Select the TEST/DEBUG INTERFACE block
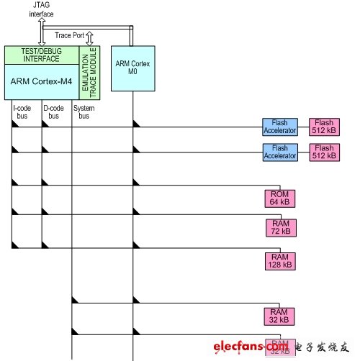coord(41,55)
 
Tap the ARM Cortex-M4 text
coord(40,81)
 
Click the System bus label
coord(84,113)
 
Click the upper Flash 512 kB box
coord(323,127)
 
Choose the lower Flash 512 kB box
coord(323,151)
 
